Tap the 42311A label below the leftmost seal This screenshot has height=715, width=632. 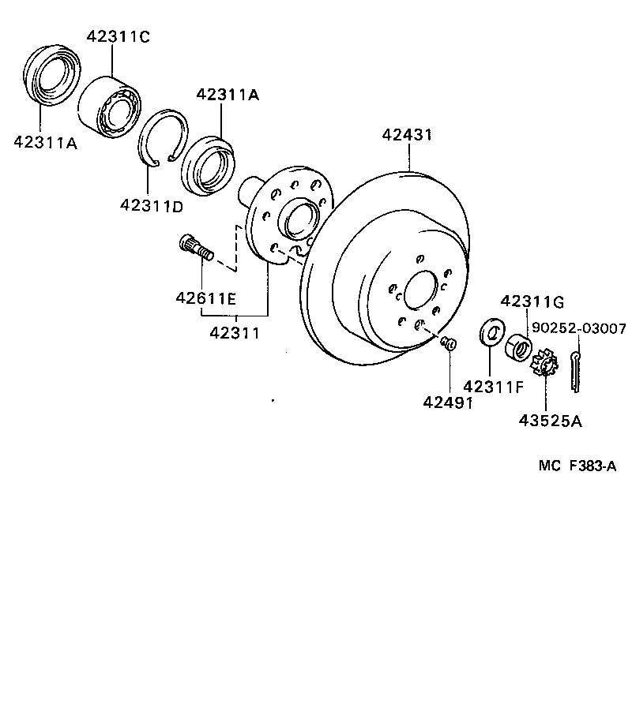click(46, 142)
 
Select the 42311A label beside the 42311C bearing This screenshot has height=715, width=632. click(228, 95)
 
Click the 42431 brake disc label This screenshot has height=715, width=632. click(407, 134)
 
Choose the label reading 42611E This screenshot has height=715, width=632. click(205, 298)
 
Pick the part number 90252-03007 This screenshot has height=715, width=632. click(578, 328)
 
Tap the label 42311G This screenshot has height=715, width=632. click(532, 301)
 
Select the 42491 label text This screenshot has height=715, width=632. click(446, 402)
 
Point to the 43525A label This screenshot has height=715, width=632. click(550, 421)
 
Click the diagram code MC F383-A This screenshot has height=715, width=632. click(577, 466)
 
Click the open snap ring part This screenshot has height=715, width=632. click(162, 137)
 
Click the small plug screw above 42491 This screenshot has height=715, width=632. click(450, 343)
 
